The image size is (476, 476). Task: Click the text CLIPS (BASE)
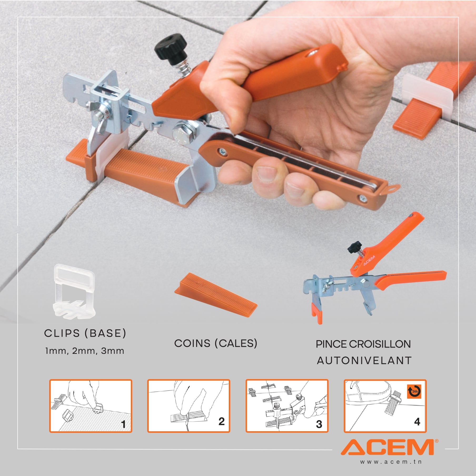[x=85, y=334]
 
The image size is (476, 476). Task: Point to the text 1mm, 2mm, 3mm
[x=85, y=351]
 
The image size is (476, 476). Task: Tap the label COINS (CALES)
[x=216, y=343]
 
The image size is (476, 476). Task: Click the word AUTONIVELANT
[x=364, y=361]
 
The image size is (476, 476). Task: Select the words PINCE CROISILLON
[x=363, y=344]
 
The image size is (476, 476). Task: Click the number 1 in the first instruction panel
[x=123, y=424]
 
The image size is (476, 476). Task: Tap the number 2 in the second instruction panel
[x=221, y=421]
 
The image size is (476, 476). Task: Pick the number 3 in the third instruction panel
[x=319, y=424]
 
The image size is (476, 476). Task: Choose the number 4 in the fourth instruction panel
[x=417, y=422]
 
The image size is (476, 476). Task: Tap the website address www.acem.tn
[x=391, y=462]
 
